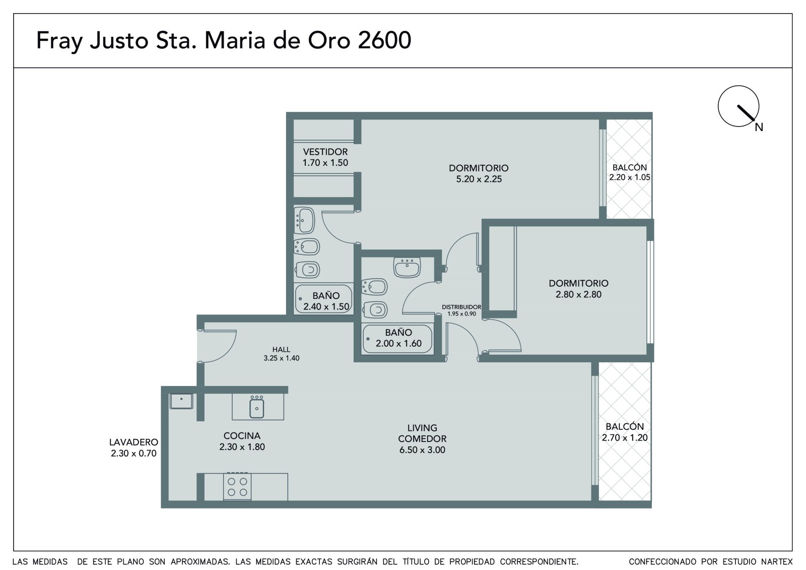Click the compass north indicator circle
pos(738,86)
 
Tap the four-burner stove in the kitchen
pos(237,487)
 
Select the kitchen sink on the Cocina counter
pos(257,407)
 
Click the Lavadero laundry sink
pos(181,401)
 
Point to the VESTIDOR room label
pos(325,152)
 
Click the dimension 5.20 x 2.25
pos(479,179)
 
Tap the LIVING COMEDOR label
pos(422,433)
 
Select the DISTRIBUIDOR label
pos(461,307)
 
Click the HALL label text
pos(282,349)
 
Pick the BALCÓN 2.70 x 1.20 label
pos(625,432)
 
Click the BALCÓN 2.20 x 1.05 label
pos(630,172)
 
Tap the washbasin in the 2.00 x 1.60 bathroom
pos(407,267)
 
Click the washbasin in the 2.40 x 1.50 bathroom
pos(304,220)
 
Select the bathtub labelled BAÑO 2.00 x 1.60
pos(397,339)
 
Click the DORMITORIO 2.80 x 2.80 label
pos(579,289)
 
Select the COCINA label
pos(242,436)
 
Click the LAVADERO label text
pos(134,442)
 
